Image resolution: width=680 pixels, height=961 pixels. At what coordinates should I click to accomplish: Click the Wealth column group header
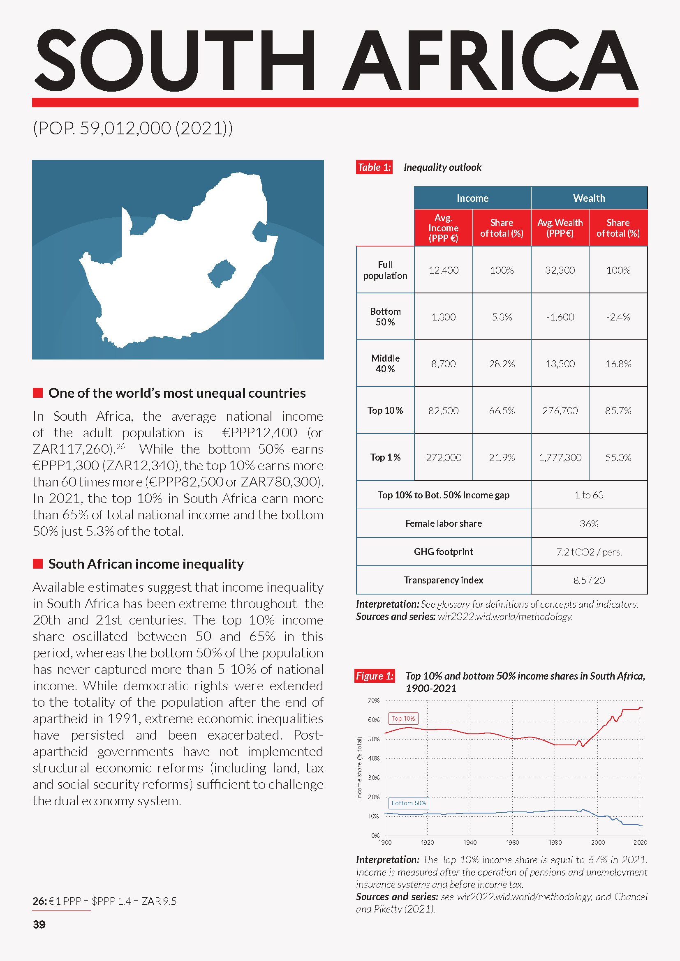[x=589, y=198]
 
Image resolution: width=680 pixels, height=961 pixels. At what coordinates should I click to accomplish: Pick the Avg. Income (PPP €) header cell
[x=444, y=228]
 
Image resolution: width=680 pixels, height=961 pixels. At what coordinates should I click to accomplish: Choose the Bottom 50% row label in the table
[x=385, y=316]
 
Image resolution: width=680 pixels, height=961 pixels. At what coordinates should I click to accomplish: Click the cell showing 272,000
[x=444, y=457]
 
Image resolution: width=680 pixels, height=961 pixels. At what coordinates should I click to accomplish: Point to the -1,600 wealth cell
[x=560, y=317]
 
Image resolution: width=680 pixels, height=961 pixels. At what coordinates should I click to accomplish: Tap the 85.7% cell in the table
[x=618, y=410]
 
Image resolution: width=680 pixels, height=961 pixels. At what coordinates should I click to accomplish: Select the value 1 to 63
[x=589, y=495]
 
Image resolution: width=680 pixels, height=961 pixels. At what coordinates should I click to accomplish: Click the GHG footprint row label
[x=444, y=552]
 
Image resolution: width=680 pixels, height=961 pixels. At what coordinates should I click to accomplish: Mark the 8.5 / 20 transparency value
[x=589, y=580]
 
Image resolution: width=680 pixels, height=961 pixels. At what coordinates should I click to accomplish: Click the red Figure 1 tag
[x=375, y=676]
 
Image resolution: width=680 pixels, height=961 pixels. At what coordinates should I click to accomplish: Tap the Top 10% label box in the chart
[x=403, y=719]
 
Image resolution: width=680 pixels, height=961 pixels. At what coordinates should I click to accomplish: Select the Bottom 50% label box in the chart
[x=409, y=803]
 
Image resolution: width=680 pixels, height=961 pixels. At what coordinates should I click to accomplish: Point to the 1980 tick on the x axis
[x=555, y=843]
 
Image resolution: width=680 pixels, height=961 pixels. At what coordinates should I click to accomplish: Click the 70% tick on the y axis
[x=374, y=700]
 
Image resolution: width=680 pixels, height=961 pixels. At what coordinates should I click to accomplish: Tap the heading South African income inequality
[x=146, y=564]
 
